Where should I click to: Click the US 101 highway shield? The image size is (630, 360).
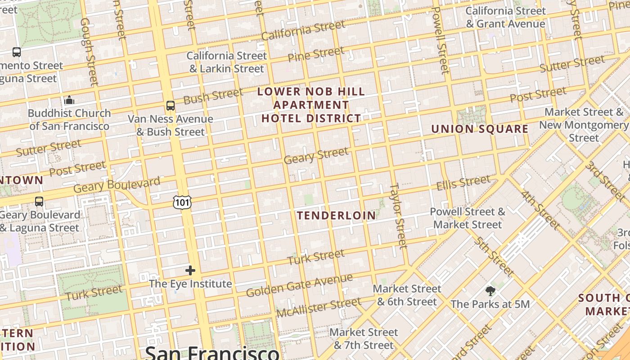pos(182,202)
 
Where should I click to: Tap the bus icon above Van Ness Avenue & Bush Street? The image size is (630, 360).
pos(171,106)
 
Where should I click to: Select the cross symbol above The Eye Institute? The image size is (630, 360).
pos(190,270)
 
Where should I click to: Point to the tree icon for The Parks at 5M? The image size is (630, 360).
pos(490,291)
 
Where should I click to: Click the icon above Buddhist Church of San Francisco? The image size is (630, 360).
pos(69,100)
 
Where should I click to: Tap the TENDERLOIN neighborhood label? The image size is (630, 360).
pos(336,216)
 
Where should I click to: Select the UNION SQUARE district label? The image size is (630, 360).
pos(480,129)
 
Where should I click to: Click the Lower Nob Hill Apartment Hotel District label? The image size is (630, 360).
pos(311,105)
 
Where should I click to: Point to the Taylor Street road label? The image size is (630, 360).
pos(398,216)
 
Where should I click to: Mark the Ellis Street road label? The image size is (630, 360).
pos(463,183)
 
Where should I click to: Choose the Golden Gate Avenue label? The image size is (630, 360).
pos(299,285)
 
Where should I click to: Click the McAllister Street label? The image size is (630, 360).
pos(319,307)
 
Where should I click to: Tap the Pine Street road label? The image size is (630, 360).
pos(316,54)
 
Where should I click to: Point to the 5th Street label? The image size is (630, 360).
pos(493,256)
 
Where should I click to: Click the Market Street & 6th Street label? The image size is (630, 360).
pos(407,295)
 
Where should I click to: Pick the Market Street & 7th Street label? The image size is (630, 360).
pos(364,339)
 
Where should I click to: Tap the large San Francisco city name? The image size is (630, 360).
pos(212,352)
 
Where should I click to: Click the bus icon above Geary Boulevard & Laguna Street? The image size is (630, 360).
pos(39,201)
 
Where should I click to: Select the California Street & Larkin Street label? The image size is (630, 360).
pos(227,63)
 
